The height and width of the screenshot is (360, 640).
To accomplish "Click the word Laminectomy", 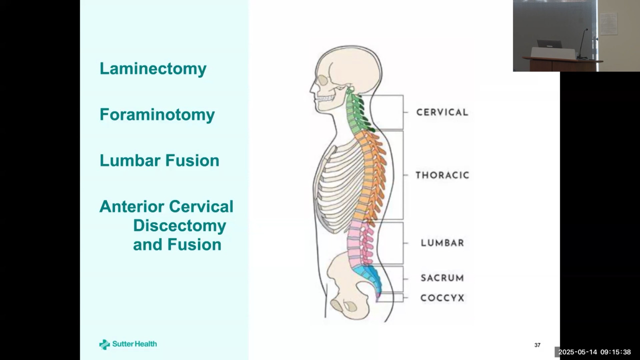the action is pos(153,69).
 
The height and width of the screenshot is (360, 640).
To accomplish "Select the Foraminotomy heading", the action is pos(157,115).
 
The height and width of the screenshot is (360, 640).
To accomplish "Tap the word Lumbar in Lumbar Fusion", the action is pos(130,160).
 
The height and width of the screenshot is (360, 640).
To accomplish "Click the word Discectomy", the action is pos(179,226).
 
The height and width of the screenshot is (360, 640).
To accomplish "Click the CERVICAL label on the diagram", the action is pos(442,112).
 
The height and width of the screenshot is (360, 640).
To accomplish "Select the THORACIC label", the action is pos(442,175).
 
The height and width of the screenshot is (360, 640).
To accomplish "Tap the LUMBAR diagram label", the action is pos(442,243).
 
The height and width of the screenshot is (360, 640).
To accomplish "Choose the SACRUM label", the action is pos(442,277).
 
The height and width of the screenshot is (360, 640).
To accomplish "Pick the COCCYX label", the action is pos(442,298).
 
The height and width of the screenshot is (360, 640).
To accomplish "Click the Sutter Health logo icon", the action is pos(104,344).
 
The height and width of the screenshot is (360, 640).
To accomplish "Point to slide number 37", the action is pos(537,345).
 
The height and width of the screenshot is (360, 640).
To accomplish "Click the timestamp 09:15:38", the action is pos(615,352).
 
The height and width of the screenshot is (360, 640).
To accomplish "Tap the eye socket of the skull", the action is pos(323,80).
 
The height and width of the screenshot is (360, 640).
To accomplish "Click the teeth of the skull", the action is pos(324,99).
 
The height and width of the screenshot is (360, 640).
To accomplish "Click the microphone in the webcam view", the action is pos(582,43).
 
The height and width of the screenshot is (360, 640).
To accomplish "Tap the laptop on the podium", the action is pos(549,44).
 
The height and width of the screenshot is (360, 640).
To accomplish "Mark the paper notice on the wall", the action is pos(608,24).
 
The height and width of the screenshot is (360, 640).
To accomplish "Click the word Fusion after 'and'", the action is pos(194,245).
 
